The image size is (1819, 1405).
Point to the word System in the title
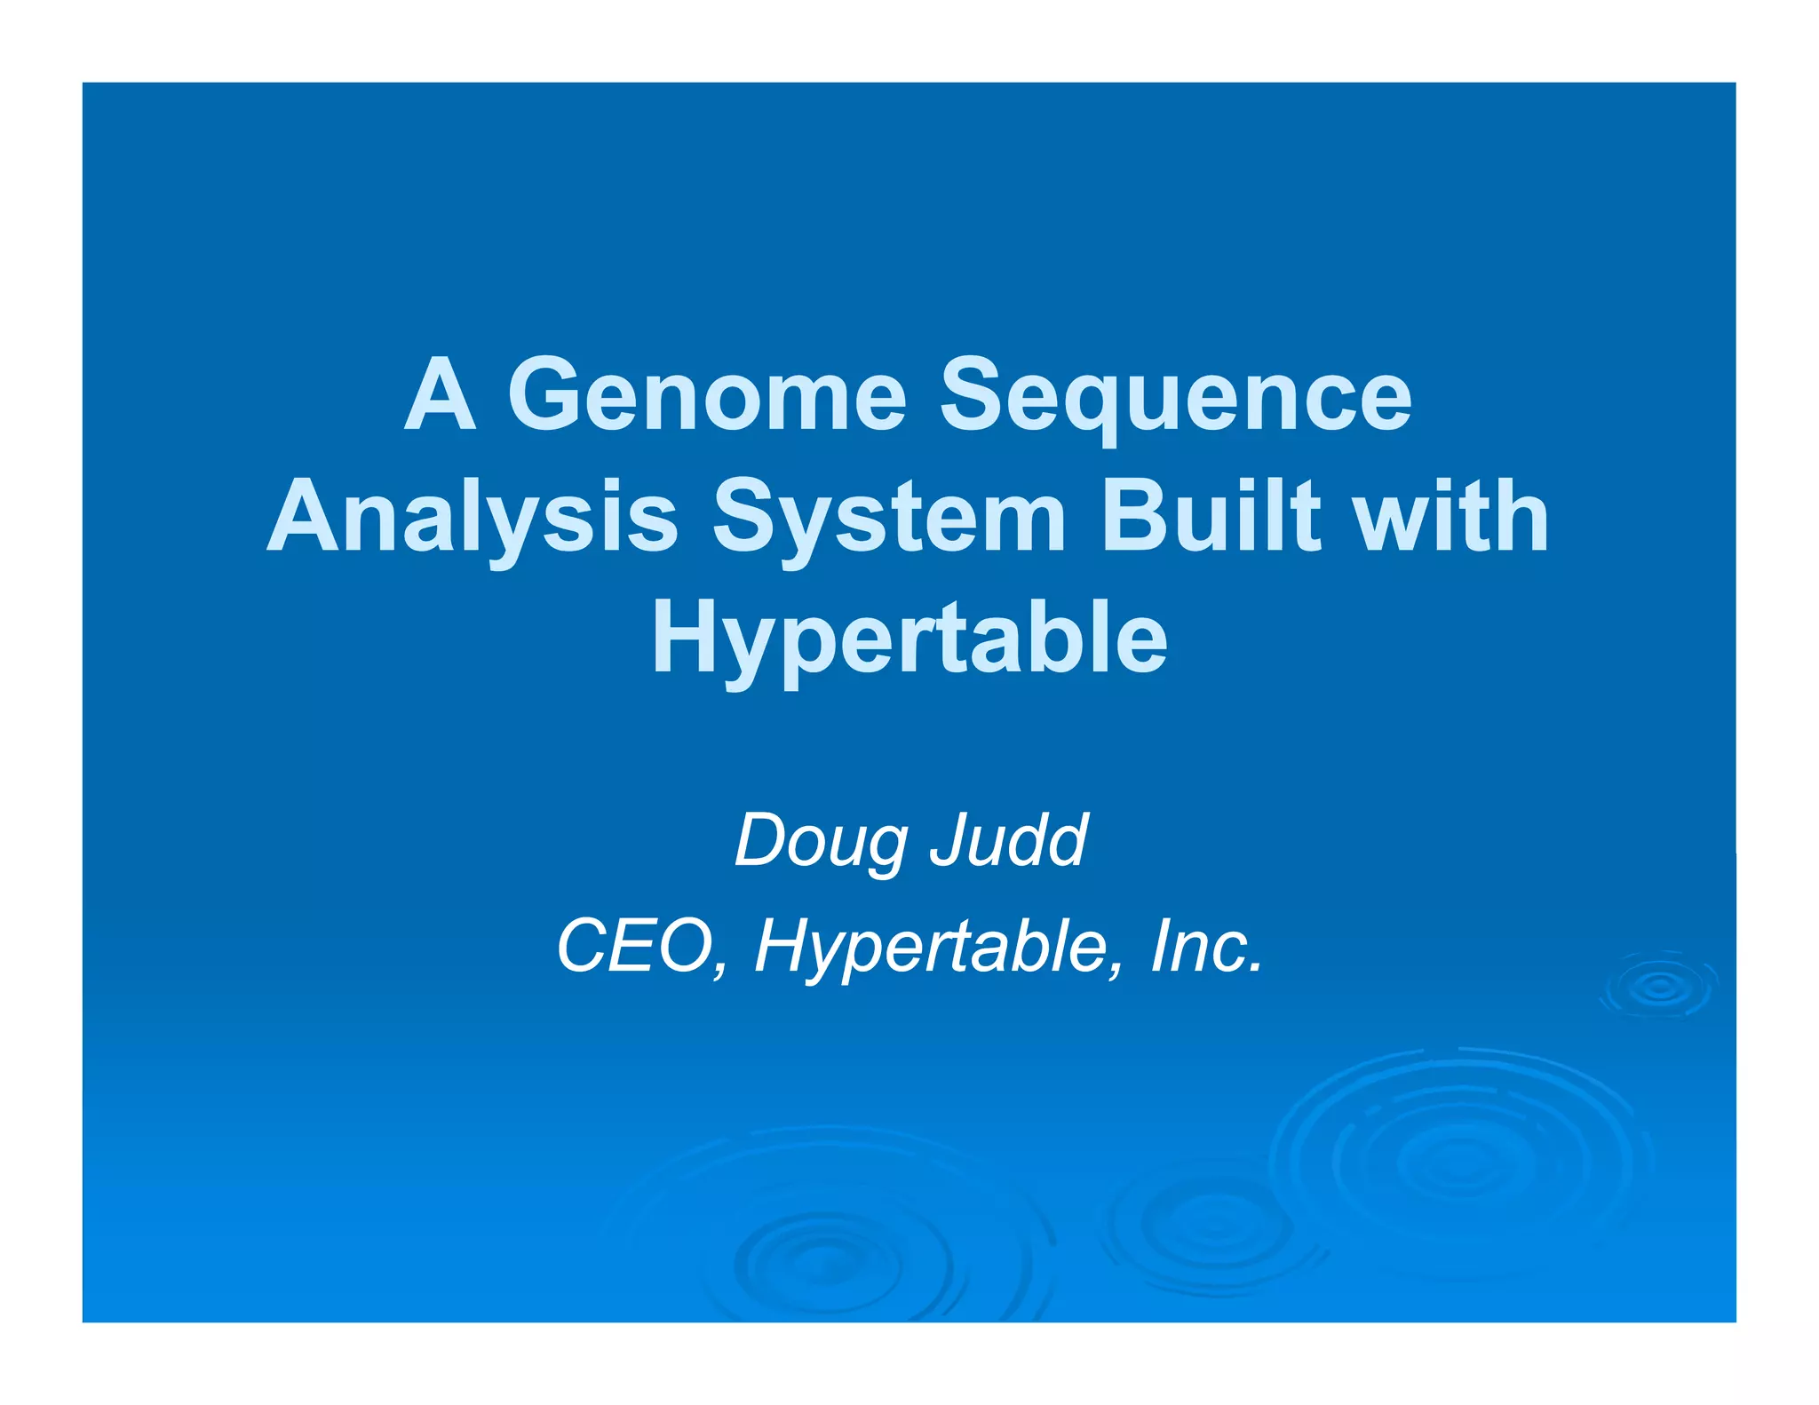tap(889, 519)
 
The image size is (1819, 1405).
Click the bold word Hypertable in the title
tap(909, 639)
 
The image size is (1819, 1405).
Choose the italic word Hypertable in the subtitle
tap(929, 949)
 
